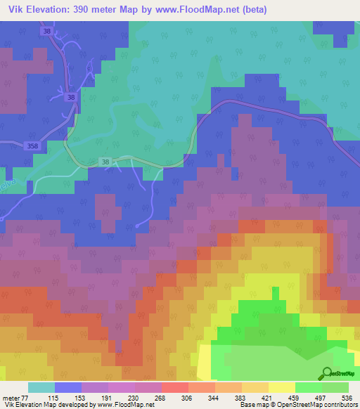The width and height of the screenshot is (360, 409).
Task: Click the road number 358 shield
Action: coord(32,146)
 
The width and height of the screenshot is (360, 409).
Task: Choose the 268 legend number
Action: coord(161,397)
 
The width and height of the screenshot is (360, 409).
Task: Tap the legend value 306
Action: coord(188,397)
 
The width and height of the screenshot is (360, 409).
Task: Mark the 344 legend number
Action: coord(214,397)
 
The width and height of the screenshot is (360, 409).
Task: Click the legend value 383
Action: coord(241,397)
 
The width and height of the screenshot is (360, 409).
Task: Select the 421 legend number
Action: coord(268,397)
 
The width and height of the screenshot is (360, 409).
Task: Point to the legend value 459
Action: coord(295,397)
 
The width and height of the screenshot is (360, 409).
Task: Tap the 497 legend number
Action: coord(321,397)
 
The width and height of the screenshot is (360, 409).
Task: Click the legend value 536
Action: coord(348,397)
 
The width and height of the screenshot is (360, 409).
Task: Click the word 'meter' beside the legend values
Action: coord(11,397)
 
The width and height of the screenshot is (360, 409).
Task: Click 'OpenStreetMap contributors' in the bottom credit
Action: coord(318,405)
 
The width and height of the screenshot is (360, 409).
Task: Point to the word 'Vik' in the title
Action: coord(14,9)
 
